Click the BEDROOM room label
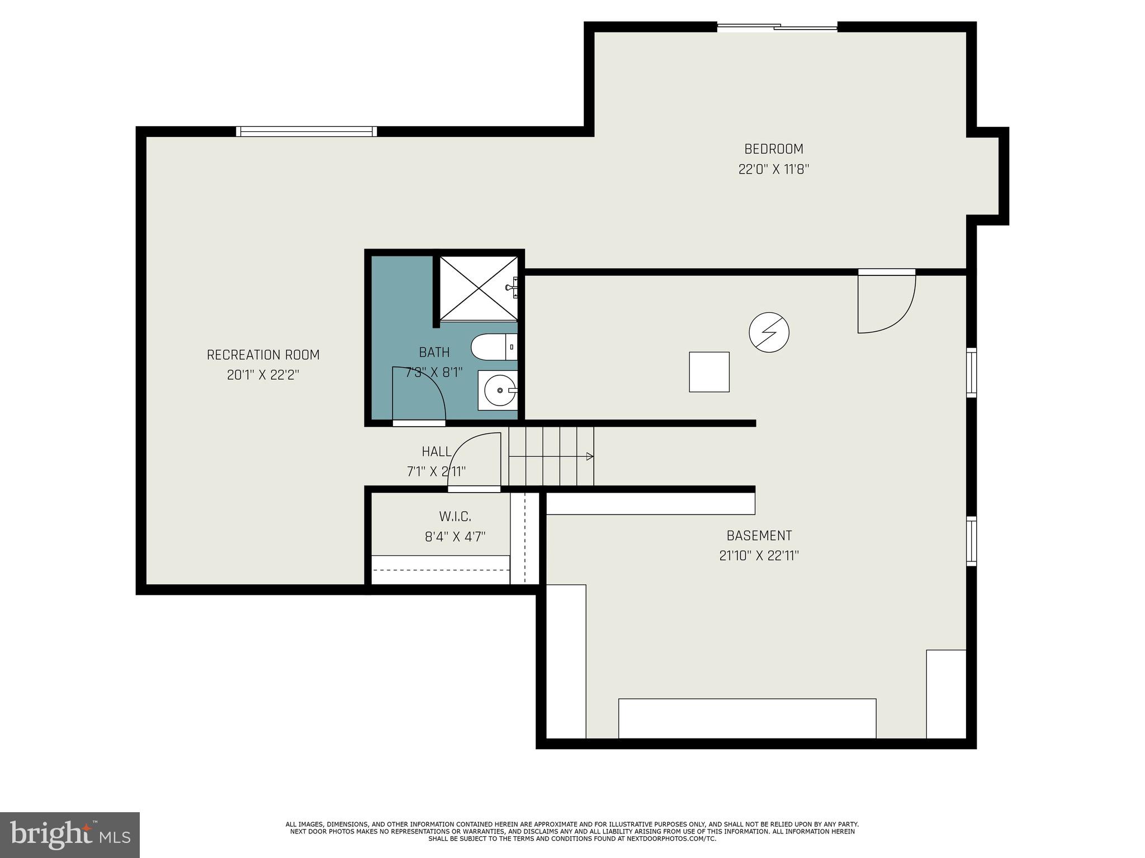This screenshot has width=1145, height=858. point(773,149)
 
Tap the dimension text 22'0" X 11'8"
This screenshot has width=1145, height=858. point(773,169)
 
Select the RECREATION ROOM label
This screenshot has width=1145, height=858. point(263,355)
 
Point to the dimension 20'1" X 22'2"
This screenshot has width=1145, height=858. point(263,375)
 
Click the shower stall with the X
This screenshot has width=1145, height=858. point(478,288)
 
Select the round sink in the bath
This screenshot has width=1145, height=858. point(499,390)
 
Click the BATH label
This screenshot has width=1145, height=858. point(434,352)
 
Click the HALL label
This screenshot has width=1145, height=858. point(436,451)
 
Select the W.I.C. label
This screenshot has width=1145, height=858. point(455,516)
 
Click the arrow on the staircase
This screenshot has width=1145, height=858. point(589,456)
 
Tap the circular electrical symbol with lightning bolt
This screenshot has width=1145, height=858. point(769,332)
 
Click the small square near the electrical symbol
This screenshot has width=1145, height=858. point(709,371)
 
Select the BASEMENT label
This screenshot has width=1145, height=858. point(759,535)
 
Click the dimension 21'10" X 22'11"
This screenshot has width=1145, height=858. point(759,556)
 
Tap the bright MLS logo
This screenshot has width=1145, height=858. point(70,835)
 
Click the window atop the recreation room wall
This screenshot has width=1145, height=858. point(306,131)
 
